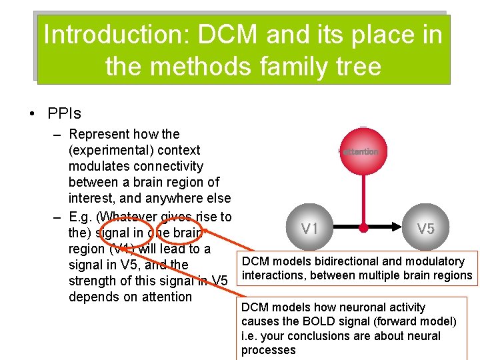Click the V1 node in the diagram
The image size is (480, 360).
click(309, 229)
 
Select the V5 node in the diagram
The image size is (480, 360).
click(426, 229)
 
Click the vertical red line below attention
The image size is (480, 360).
click(363, 200)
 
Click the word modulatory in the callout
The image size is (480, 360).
click(433, 261)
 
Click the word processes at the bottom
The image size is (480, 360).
click(268, 351)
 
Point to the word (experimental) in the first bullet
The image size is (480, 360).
click(110, 150)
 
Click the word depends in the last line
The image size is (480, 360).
click(93, 297)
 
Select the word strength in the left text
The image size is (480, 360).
click(91, 281)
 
